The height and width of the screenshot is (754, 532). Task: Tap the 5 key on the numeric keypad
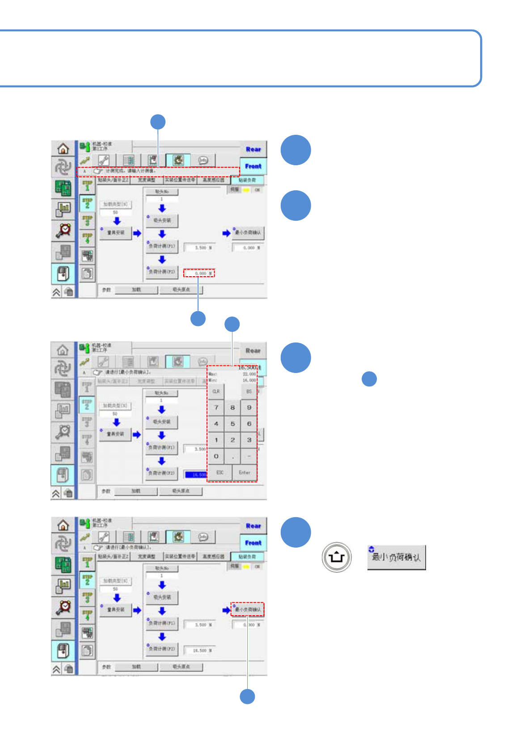[x=232, y=424]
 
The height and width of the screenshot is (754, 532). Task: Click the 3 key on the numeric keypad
[x=249, y=440]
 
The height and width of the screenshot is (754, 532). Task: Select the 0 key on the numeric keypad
[x=216, y=456]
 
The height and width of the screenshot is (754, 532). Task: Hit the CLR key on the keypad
[x=216, y=391]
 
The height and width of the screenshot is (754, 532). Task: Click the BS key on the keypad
[x=249, y=391]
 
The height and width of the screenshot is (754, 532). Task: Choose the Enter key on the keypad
[x=245, y=472]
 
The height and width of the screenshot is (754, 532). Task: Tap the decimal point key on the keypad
[x=232, y=456]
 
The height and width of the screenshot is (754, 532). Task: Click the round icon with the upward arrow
[x=337, y=557]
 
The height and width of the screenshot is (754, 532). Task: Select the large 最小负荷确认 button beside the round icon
[x=397, y=557]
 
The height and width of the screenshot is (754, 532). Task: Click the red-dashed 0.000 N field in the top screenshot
[x=199, y=273]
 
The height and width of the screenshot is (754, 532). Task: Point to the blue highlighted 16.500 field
[x=196, y=475]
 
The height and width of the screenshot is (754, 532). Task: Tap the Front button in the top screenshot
[x=253, y=166]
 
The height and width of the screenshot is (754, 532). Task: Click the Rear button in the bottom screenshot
[x=253, y=526]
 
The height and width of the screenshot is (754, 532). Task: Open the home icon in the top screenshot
[x=63, y=148]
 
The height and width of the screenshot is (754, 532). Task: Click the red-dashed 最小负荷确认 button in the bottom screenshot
[x=248, y=609]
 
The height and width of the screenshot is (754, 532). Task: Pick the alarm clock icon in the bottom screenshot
[x=63, y=607]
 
